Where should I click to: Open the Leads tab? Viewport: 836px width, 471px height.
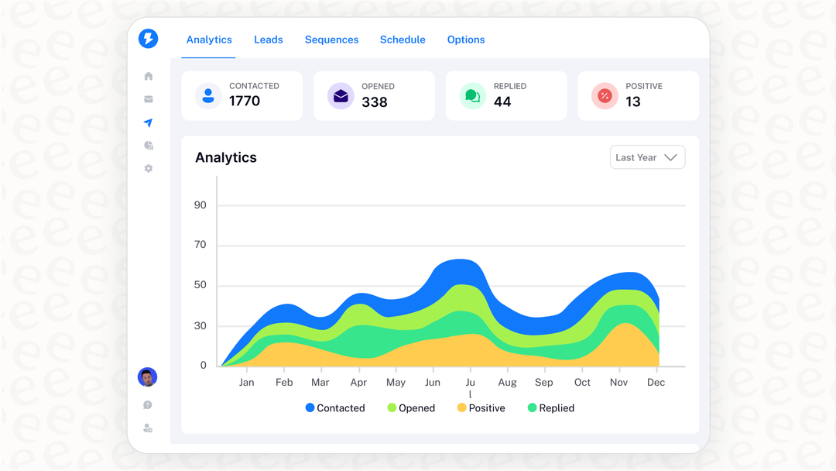pos(269,40)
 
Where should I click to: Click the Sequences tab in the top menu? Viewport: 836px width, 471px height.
pos(331,40)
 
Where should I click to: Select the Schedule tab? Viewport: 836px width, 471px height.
pos(403,40)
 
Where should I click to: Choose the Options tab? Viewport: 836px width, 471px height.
pos(466,40)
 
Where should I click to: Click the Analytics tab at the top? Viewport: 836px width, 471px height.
pos(209,40)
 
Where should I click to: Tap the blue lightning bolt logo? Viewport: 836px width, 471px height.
pos(148,39)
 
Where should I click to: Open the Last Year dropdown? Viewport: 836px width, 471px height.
pos(647,157)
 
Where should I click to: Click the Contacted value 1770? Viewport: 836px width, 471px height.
pos(245,101)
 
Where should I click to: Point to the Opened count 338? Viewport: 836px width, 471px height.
pos(375,102)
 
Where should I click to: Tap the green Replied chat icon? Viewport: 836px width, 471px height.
pos(472,96)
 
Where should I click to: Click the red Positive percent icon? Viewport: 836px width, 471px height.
pos(605,96)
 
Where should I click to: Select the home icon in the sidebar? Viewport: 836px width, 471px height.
pos(149,76)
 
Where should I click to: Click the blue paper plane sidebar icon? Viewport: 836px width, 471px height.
pos(149,122)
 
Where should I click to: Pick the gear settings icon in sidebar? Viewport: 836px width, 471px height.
pos(149,168)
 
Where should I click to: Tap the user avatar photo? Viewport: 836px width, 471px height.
pos(147,377)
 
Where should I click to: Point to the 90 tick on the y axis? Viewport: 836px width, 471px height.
pos(200,205)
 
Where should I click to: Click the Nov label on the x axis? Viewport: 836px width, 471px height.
pos(618,383)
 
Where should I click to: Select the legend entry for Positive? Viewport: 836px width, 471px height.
pos(481,408)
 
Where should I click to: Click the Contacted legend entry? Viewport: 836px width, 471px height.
pos(334,408)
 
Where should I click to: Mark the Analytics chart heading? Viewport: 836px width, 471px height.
pos(226,157)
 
